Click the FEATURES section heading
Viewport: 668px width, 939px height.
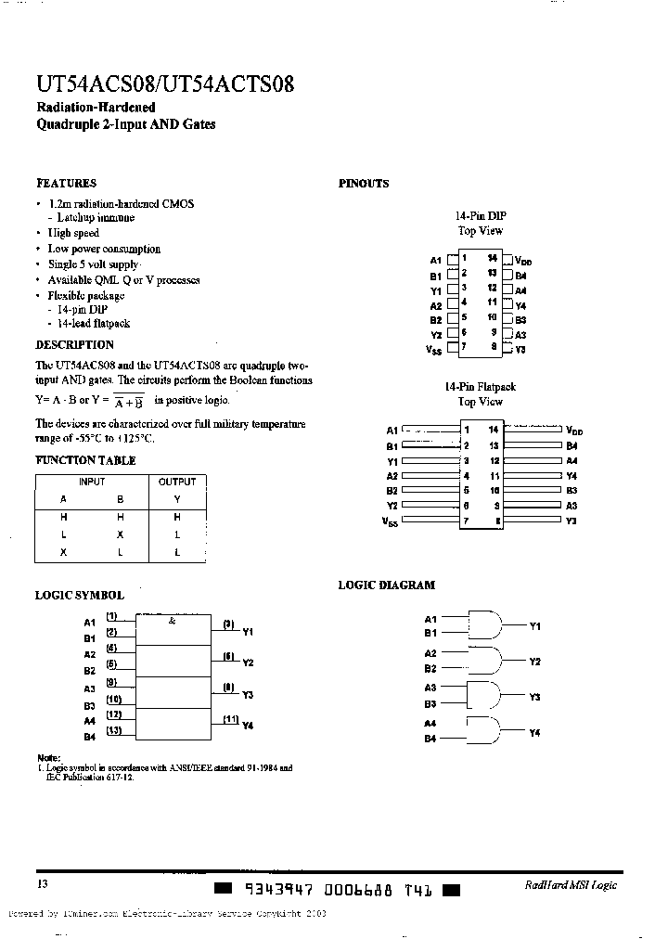66,184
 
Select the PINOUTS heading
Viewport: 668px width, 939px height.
364,184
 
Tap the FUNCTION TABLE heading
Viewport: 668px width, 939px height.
85,460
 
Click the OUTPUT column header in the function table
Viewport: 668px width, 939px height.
177,482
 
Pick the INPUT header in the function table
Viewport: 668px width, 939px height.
92,482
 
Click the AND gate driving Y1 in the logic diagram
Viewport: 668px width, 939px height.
485,624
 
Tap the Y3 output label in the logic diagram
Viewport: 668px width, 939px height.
534,697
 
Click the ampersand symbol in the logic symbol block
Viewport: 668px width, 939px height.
172,621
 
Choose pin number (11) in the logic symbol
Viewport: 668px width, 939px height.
230,719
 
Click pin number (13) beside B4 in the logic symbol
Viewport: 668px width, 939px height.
113,731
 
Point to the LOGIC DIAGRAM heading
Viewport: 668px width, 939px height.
386,585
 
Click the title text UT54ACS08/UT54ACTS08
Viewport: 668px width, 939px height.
165,85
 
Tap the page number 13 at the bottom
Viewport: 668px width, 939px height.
43,884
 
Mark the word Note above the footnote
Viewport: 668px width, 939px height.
47,758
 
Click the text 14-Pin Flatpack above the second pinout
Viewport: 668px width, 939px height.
480,387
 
